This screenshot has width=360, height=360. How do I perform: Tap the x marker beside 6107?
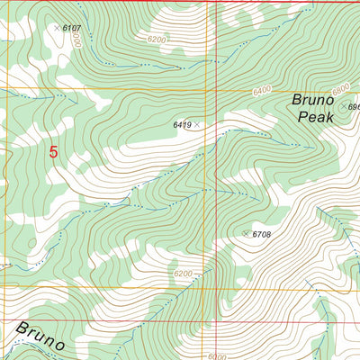coord(57,28)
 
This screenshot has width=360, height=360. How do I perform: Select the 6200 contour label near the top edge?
coord(156,40)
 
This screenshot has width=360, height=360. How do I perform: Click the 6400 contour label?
coord(262,91)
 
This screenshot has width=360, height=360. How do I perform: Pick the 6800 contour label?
coord(340,90)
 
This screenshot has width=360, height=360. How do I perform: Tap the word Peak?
coord(315,117)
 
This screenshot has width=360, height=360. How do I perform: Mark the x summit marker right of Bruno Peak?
coord(344,107)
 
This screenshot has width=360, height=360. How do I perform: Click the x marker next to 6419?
coord(197,125)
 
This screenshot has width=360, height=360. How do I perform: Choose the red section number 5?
coord(53,153)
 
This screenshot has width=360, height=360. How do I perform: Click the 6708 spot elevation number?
coord(262,234)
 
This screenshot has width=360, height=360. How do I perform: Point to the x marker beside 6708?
coord(246,234)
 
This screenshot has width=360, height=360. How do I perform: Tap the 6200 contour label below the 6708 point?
coord(182,274)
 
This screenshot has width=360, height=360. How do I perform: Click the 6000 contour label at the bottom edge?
coord(217,355)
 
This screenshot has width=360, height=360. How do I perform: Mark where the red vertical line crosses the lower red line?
coord(218,320)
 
